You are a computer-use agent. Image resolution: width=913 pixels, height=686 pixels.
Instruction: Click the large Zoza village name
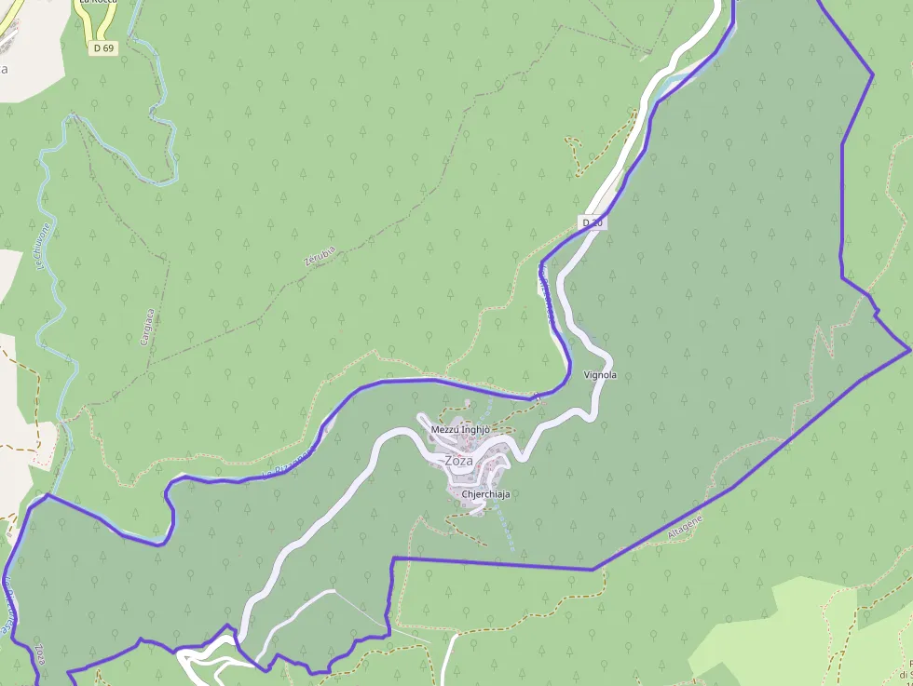tap(458, 461)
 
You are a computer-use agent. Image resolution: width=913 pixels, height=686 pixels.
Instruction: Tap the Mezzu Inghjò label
tap(460, 429)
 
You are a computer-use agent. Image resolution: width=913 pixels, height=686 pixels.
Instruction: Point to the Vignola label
tap(600, 375)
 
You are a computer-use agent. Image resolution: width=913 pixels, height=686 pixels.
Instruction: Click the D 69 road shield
tap(104, 47)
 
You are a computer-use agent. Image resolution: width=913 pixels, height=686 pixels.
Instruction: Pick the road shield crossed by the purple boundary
tap(593, 222)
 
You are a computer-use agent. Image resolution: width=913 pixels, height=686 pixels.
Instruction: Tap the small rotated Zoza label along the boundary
tap(40, 653)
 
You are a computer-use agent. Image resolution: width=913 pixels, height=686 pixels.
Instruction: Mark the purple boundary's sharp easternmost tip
tap(908, 352)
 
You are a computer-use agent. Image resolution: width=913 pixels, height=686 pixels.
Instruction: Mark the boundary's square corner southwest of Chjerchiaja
tap(394, 558)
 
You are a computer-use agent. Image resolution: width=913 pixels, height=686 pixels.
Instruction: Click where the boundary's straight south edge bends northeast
tap(593, 569)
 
